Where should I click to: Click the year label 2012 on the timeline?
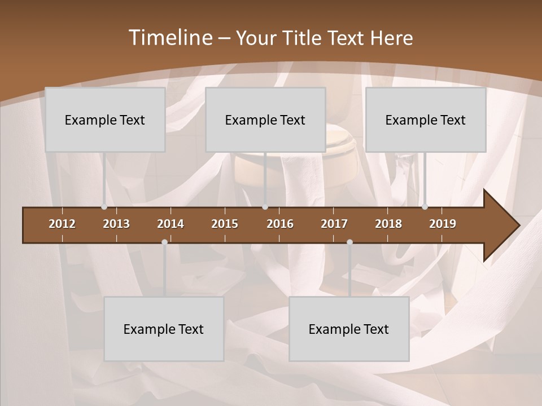[x=62, y=224]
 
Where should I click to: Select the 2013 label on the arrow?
[x=116, y=224]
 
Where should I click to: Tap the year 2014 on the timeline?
[x=171, y=224]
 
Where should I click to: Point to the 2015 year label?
[x=225, y=224]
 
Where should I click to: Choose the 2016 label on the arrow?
[x=280, y=224]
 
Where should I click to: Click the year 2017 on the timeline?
[x=334, y=224]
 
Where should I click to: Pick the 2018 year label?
[x=388, y=224]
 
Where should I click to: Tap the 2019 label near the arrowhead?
[x=443, y=224]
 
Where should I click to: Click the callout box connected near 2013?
[x=105, y=120]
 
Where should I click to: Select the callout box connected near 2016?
[x=265, y=120]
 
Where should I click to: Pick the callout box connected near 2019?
[x=426, y=120]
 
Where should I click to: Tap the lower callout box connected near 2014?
[x=164, y=329]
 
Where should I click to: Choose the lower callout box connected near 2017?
[x=349, y=329]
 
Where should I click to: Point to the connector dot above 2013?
[x=104, y=206]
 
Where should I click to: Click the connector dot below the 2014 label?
[x=164, y=242]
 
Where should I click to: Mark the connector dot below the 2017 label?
[x=349, y=242]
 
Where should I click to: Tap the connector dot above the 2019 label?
[x=425, y=206]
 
